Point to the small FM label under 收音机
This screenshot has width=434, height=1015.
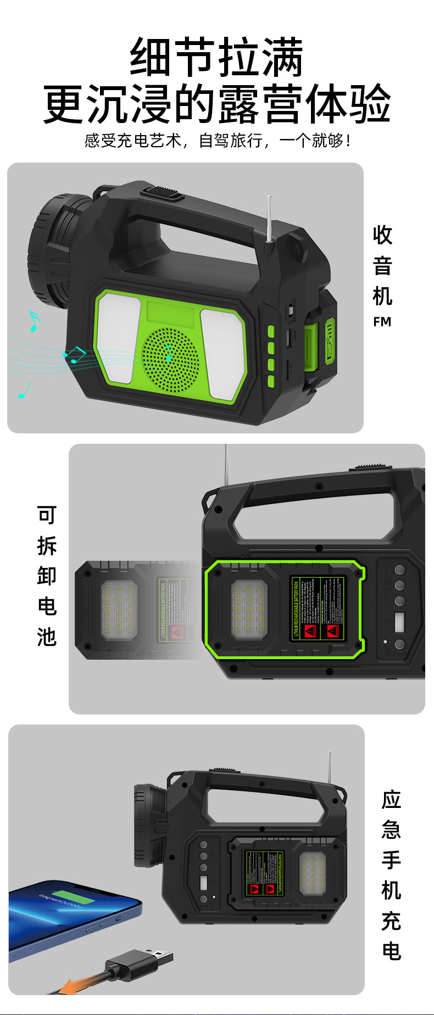(x=382, y=322)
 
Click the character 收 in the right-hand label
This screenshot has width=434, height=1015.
(x=382, y=235)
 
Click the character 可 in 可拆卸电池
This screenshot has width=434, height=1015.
(x=47, y=516)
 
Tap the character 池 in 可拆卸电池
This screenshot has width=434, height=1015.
(x=47, y=637)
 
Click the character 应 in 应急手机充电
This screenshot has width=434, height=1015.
(x=392, y=800)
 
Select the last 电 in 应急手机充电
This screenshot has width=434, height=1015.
(x=392, y=951)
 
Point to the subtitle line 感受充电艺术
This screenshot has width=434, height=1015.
(x=132, y=141)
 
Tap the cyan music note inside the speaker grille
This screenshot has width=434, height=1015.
(x=168, y=352)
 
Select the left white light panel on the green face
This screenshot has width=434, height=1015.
(x=118, y=337)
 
